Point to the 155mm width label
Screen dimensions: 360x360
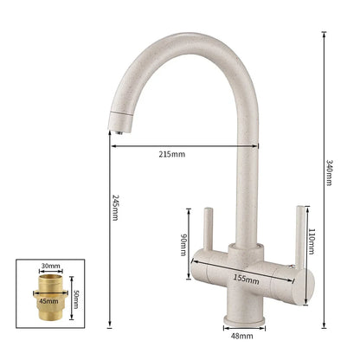tap(247, 280)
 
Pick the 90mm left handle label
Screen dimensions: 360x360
tap(183, 245)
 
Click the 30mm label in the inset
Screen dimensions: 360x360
tap(50, 267)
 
